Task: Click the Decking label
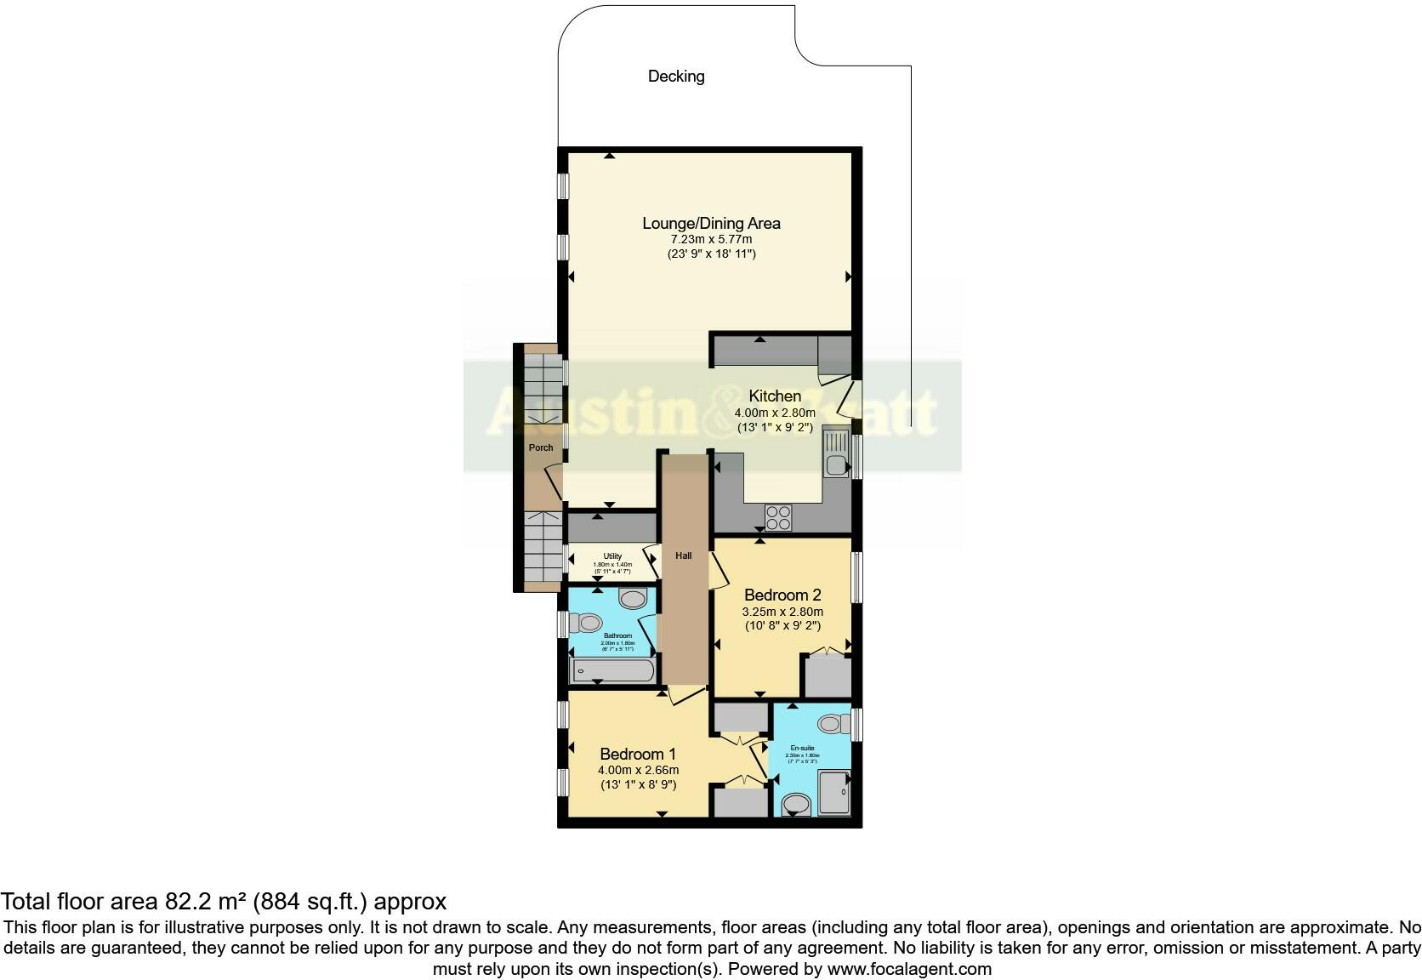point(676,77)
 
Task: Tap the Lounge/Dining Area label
point(711,223)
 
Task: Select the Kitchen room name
point(774,396)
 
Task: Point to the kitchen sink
point(835,464)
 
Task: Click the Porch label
point(541,447)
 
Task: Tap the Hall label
point(684,556)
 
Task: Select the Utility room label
point(612,556)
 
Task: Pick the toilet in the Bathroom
point(586,624)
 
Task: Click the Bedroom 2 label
point(782,594)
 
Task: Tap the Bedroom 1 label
point(638,754)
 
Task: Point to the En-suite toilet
point(833,724)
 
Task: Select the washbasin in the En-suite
point(796,804)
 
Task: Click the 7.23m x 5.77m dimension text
point(711,239)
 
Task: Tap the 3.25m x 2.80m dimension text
point(782,611)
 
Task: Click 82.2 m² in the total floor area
point(201,902)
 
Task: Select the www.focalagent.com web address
point(909,969)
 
